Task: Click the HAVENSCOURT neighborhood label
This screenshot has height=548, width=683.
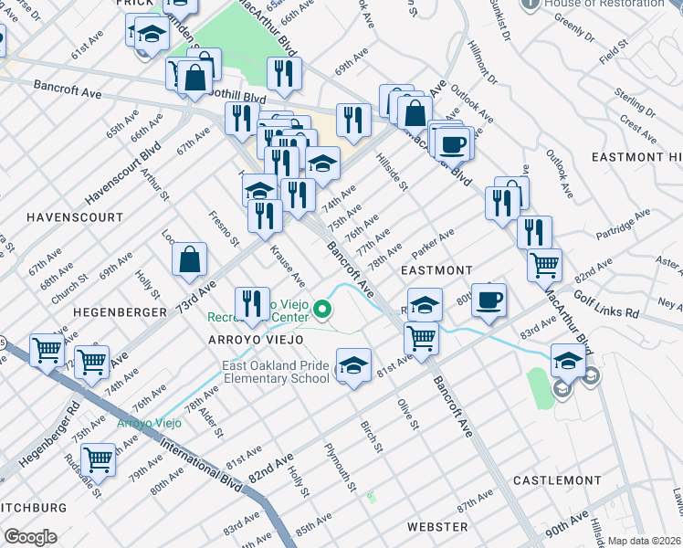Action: point(75,217)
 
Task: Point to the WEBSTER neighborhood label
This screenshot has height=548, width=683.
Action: point(437,527)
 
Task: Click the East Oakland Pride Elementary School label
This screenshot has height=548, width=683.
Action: point(276,372)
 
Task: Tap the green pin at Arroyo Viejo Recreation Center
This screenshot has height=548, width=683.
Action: point(321,311)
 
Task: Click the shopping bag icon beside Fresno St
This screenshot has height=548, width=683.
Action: point(189,259)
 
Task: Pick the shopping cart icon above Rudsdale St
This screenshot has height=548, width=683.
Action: point(98,459)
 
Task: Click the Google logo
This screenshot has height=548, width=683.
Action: point(30,536)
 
